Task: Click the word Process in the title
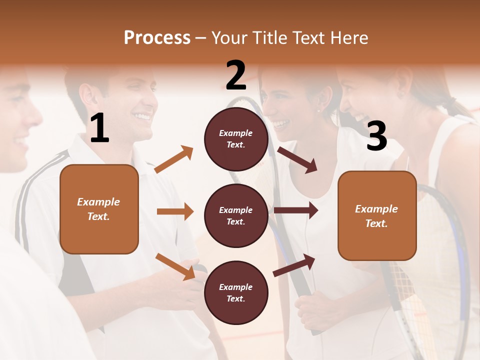click(x=157, y=38)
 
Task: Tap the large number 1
click(x=99, y=128)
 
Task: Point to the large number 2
click(x=236, y=75)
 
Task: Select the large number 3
click(x=376, y=136)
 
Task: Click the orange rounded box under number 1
click(x=99, y=209)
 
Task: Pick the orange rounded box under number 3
click(x=377, y=216)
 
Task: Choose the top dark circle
click(x=236, y=139)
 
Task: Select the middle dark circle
click(x=236, y=216)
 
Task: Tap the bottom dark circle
click(x=236, y=293)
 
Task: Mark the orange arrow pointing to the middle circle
click(x=175, y=211)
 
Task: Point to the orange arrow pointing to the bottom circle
click(x=175, y=266)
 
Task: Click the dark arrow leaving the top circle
click(x=297, y=159)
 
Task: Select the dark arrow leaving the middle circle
click(x=296, y=210)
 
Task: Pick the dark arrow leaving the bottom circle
click(x=294, y=265)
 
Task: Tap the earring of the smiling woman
click(x=318, y=111)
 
